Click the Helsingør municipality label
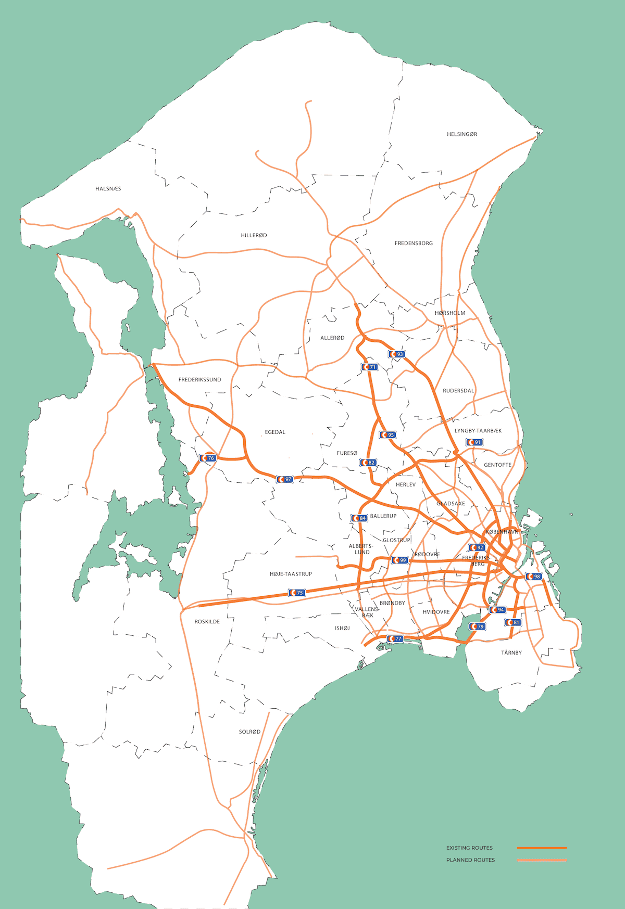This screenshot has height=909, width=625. click(x=461, y=134)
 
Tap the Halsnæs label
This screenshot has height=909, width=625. click(x=108, y=189)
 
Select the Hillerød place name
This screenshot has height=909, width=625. click(x=254, y=236)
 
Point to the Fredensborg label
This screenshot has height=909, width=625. click(x=414, y=244)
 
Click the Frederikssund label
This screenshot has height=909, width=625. click(x=199, y=380)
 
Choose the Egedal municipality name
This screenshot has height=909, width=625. click(x=275, y=432)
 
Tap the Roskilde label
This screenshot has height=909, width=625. click(x=207, y=622)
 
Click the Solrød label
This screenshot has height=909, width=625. click(x=249, y=732)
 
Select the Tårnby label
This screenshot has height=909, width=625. click(x=511, y=652)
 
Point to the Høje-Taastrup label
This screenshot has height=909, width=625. click(x=291, y=574)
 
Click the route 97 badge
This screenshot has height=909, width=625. click(x=284, y=479)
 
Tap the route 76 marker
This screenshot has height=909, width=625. click(x=207, y=458)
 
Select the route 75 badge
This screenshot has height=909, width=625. click(x=296, y=593)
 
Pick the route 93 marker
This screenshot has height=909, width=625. click(x=396, y=354)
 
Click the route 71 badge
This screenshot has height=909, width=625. click(x=369, y=367)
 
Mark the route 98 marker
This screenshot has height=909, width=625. click(x=533, y=577)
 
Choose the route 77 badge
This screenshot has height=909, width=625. click(x=395, y=639)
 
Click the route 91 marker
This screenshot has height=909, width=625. click(x=474, y=442)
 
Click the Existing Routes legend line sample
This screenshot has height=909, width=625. click(x=542, y=848)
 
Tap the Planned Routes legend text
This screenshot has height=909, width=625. click(x=470, y=860)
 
